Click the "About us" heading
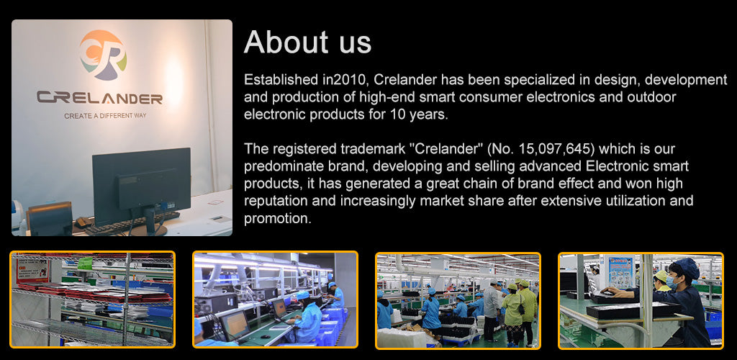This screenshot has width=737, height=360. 307,42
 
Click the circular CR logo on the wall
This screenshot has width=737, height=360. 103,55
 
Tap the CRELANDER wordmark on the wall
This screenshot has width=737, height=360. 99,98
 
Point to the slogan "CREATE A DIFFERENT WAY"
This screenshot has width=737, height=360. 105,116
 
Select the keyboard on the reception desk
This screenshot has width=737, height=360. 132,222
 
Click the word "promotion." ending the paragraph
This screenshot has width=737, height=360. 278,219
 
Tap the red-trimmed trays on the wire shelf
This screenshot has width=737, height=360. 94,292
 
